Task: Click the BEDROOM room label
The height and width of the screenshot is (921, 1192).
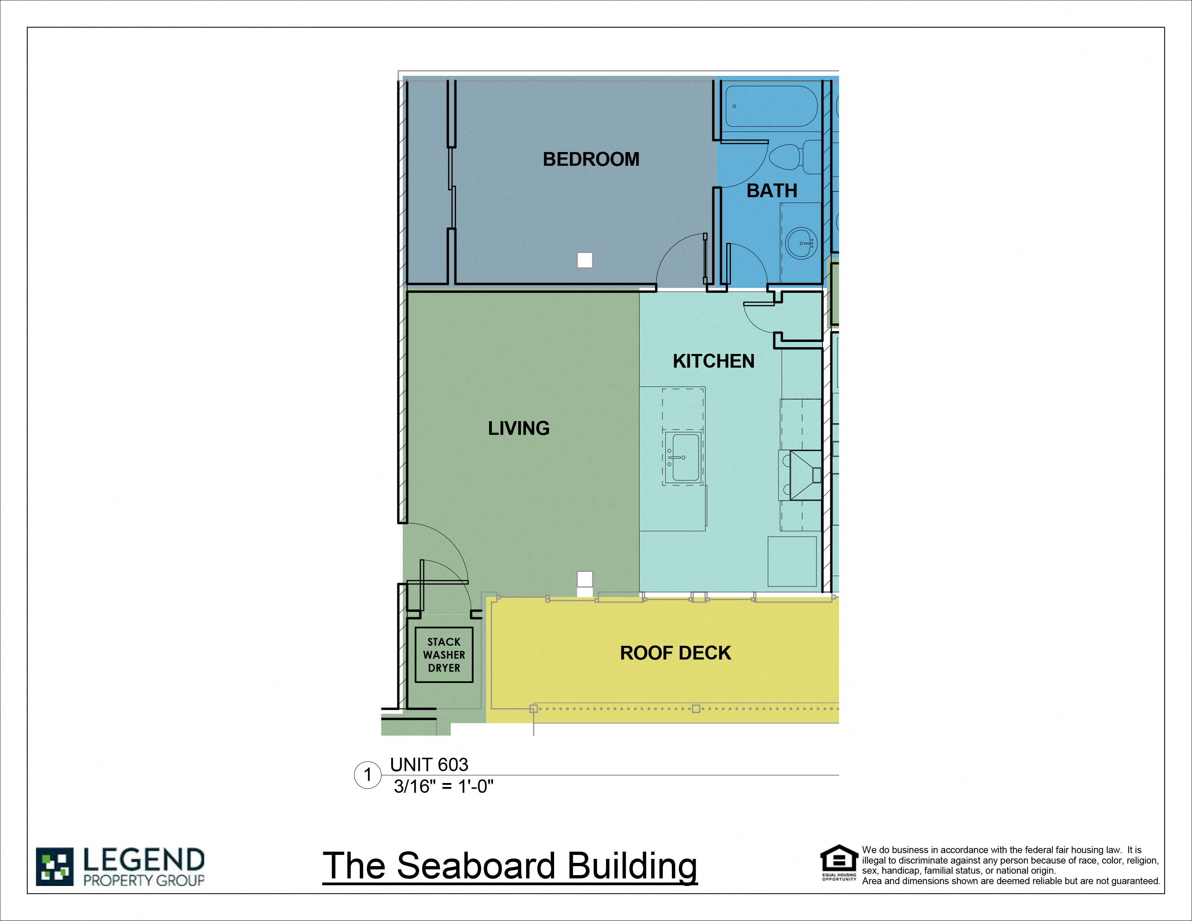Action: coord(591,159)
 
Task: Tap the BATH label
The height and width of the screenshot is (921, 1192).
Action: coord(772,191)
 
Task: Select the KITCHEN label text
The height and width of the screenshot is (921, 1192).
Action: coord(713,361)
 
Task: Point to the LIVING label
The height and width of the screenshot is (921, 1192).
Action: coord(518,428)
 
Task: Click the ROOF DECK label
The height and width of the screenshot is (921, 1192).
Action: coord(675,653)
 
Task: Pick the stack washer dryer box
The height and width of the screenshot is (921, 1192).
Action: coord(444,655)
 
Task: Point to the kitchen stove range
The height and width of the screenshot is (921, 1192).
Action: coord(801,475)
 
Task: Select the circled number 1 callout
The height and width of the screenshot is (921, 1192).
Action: coord(367,775)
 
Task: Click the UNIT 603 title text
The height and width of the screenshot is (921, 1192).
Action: coord(429,764)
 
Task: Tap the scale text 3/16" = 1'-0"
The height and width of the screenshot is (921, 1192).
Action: coord(443,786)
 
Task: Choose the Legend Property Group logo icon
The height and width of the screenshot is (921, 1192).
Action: coord(55,866)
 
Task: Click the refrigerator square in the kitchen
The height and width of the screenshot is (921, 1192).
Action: coord(792,561)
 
